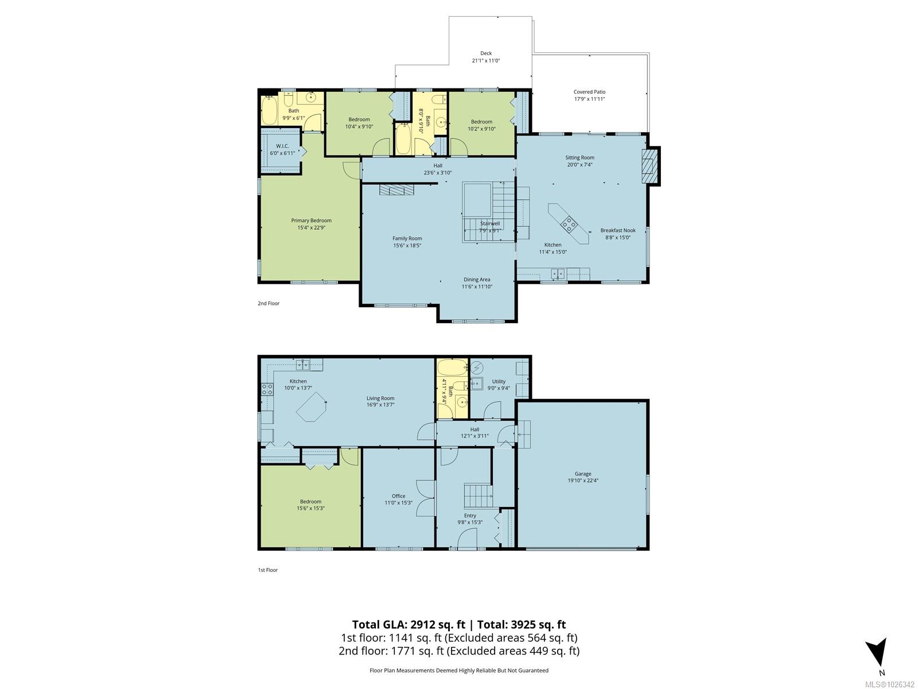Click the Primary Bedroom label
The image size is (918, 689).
(311, 220)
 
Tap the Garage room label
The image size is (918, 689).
(582, 474)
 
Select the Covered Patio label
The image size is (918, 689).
(589, 92)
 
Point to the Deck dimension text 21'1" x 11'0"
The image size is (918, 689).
(486, 61)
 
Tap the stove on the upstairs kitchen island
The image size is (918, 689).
(569, 224)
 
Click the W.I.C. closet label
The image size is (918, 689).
(282, 146)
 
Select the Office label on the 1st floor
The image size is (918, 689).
(398, 496)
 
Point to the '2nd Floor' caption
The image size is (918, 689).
(269, 303)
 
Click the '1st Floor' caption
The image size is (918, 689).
(268, 570)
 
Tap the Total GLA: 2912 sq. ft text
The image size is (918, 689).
(409, 625)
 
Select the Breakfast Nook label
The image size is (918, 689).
(618, 230)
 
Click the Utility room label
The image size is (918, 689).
(499, 381)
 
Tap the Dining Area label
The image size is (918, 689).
(477, 280)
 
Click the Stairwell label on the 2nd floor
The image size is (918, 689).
(490, 223)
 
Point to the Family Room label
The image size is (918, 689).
(407, 238)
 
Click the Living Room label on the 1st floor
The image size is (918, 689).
(380, 398)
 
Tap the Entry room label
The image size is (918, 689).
(470, 516)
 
